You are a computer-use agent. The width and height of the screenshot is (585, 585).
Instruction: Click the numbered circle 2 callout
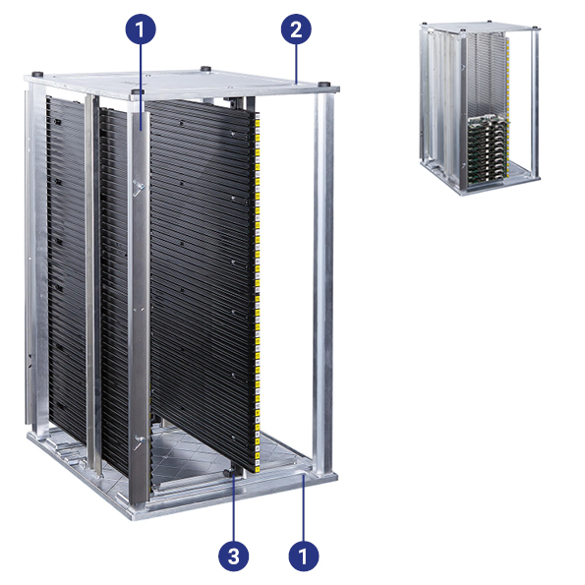coord(296,29)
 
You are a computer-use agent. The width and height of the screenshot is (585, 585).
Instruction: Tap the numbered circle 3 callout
coord(234,556)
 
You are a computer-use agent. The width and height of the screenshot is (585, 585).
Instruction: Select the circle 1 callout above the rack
coord(141,29)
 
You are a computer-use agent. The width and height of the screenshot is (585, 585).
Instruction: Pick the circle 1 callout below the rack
coord(304,556)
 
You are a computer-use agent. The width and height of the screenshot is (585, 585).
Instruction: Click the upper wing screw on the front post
coord(139,187)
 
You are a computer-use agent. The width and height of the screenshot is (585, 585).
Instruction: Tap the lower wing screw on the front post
coord(141,442)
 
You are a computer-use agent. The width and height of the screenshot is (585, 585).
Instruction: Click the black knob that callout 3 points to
coord(229,473)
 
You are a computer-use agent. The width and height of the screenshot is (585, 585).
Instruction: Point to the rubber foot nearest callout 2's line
coord(323,84)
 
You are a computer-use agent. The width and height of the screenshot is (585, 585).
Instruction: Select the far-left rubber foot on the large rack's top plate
coord(37,74)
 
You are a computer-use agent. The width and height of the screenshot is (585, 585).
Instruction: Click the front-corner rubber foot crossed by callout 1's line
coord(138,91)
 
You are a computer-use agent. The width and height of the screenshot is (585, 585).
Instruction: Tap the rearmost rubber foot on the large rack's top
coord(205,69)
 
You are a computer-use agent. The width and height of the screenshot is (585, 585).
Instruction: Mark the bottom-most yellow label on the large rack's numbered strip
coord(257,467)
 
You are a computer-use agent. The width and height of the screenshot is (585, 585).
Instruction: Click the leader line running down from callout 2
coord(296,64)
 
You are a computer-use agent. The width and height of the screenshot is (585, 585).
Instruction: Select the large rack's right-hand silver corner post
coord(323,283)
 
